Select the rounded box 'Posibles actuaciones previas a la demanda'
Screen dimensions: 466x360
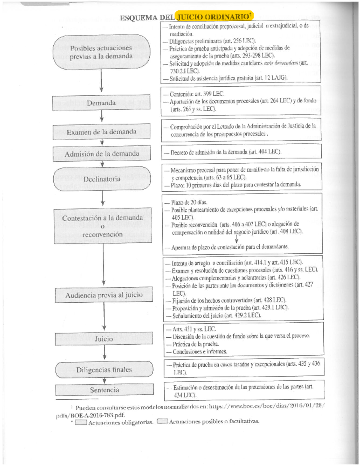coord(101,52)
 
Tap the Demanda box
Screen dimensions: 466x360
coord(101,103)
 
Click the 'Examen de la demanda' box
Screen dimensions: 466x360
coord(101,132)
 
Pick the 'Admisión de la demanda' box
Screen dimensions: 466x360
coord(102,154)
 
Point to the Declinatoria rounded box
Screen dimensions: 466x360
coord(102,179)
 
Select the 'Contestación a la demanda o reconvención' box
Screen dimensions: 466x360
coord(103,226)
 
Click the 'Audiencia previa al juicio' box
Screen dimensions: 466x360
coord(104,295)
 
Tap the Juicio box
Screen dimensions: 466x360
coord(104,339)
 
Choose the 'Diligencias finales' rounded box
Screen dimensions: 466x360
coord(104,370)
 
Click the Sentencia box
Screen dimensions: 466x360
coord(104,390)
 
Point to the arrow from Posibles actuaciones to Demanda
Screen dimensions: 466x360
coord(101,81)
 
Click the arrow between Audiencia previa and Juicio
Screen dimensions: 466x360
coord(104,316)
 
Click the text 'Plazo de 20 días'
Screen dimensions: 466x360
coord(189,202)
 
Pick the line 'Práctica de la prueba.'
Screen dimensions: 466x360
coord(196,344)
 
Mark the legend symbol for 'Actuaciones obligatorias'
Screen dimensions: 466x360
coord(81,423)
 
